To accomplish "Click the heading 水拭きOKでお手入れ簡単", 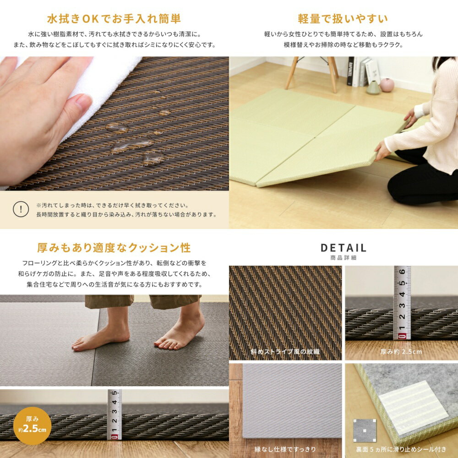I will point(114,19).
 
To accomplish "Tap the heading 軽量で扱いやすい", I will point(343,19).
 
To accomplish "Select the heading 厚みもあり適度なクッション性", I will point(114,248).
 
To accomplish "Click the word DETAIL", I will point(343,248).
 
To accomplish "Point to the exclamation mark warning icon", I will point(21,209).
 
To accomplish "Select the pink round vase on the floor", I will point(387,85).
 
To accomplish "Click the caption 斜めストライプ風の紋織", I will point(285,352).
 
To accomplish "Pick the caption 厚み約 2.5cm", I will point(401,352).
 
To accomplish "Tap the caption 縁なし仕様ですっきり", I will point(285,449).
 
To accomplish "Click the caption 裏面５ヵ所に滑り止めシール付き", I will point(401,449).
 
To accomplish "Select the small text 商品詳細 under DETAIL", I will point(343,258).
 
